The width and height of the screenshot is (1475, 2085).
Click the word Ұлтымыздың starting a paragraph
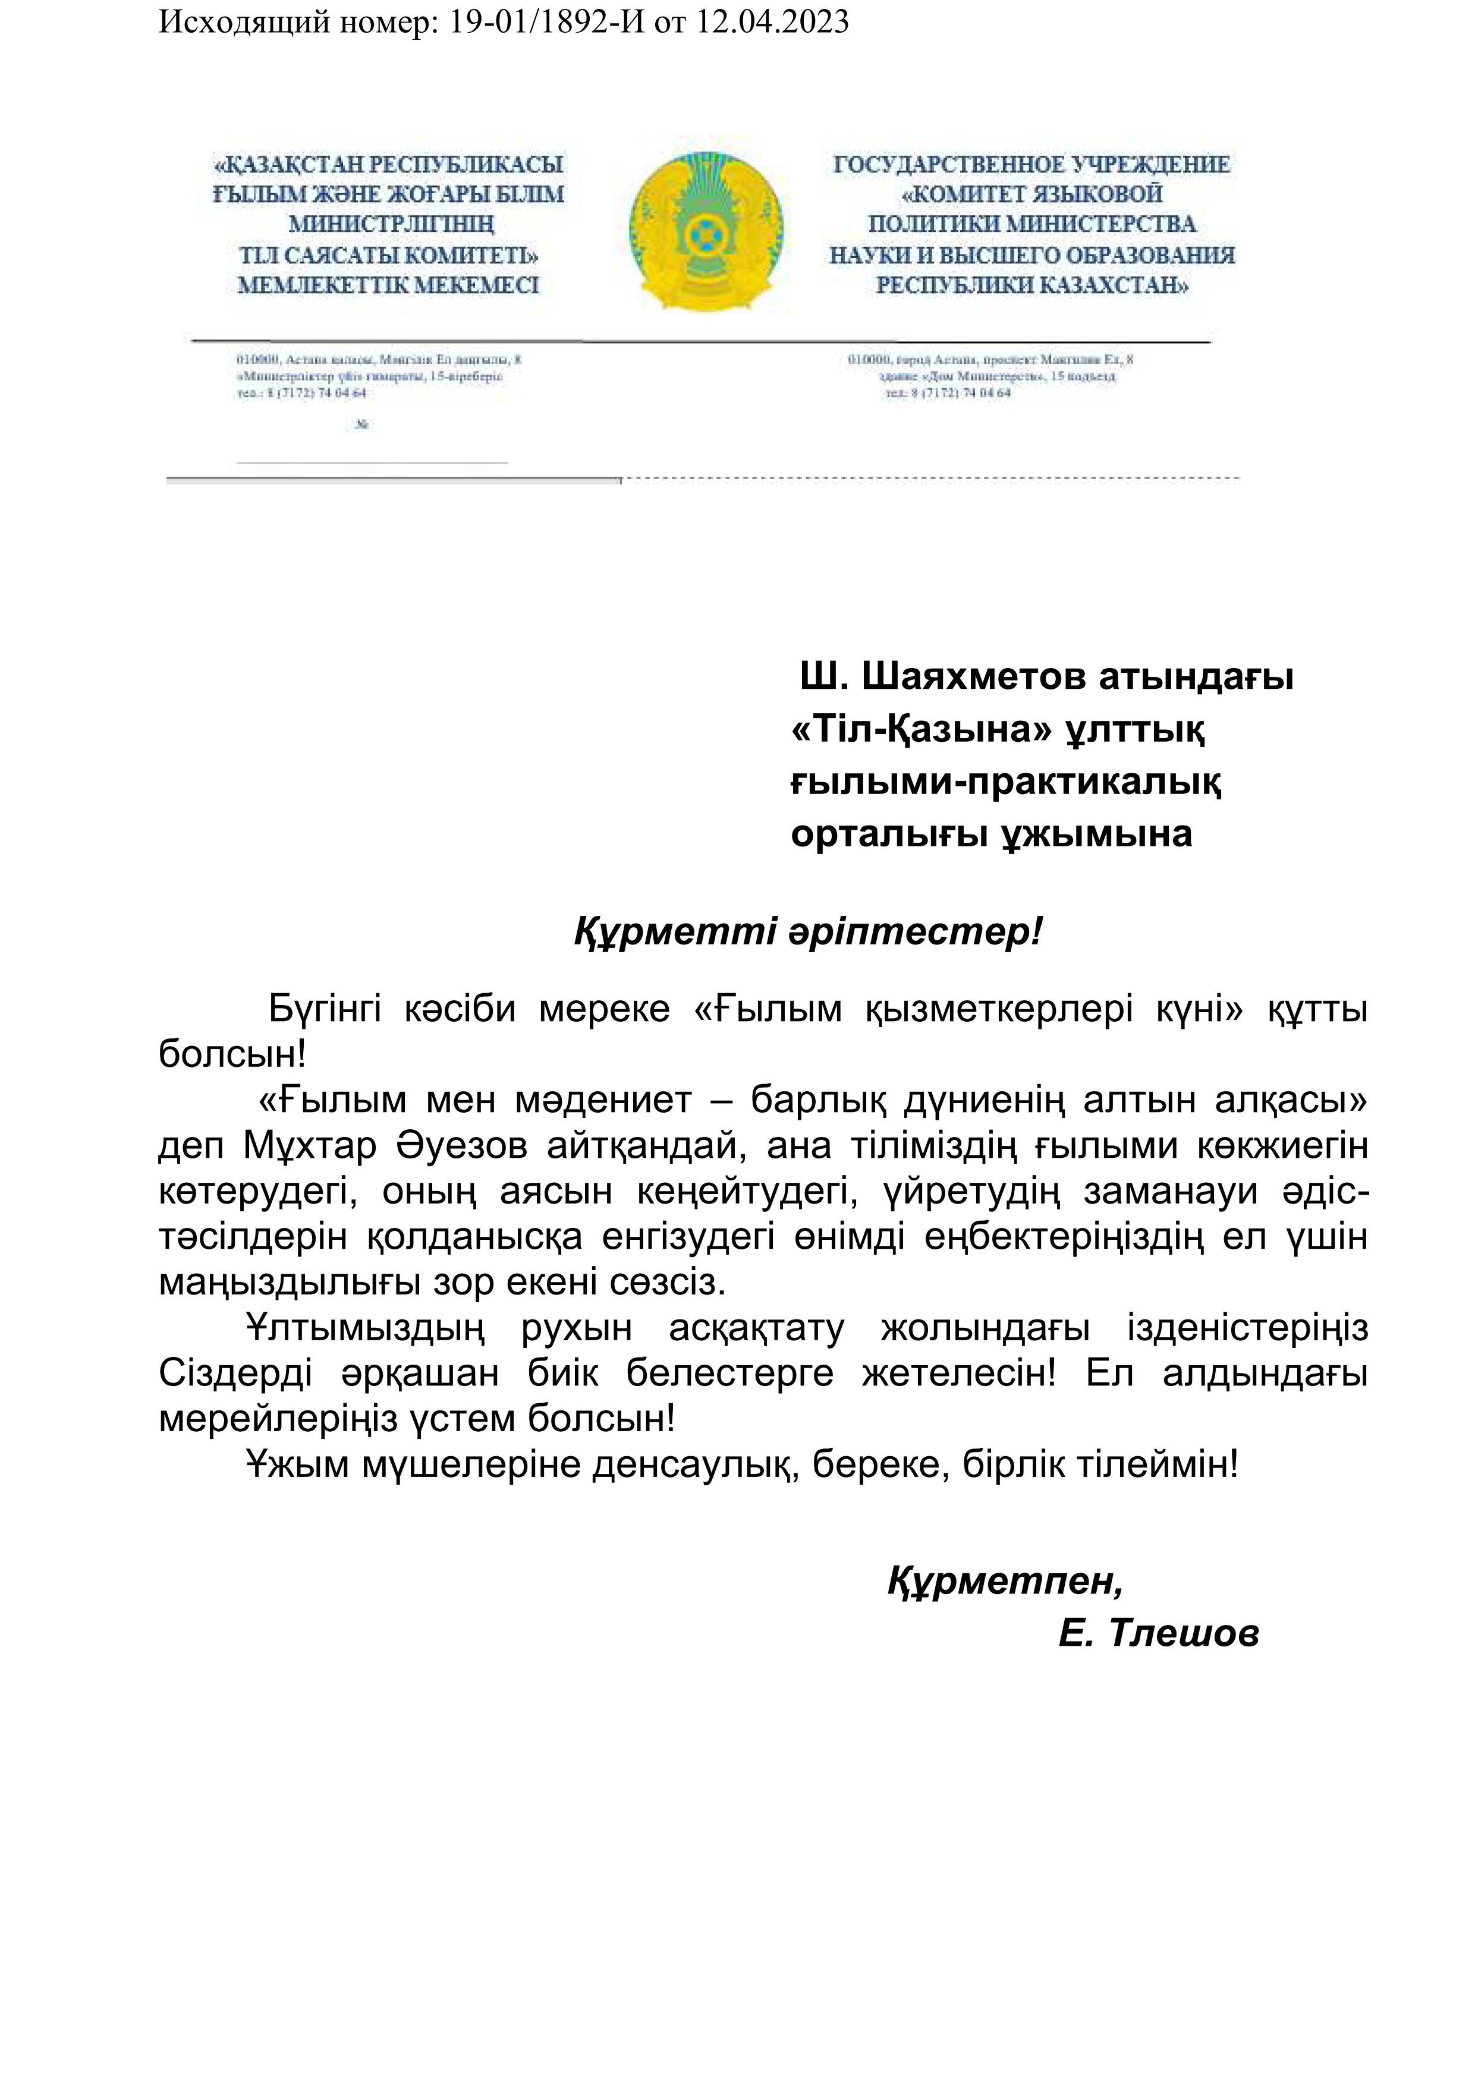point(365,1328)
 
